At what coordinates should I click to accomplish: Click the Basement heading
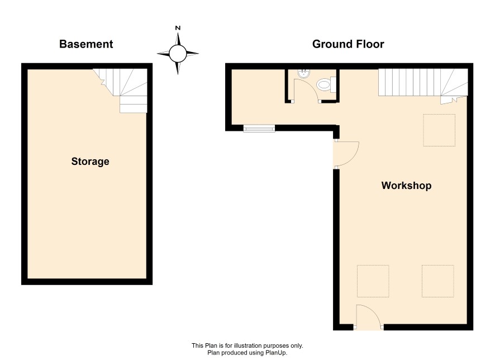86,44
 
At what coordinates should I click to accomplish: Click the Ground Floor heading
348,44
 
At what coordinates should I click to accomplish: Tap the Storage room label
90,162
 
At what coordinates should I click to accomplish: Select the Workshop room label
406,186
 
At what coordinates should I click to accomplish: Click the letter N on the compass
178,28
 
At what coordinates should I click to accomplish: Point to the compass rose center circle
178,54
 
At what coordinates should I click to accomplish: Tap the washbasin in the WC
304,74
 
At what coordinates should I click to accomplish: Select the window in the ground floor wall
259,128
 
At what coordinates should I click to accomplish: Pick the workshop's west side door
346,154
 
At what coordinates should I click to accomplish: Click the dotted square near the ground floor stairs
439,130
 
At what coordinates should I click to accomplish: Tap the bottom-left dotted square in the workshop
373,281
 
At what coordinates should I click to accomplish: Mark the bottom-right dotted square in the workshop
438,281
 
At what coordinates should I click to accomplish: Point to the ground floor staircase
423,84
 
